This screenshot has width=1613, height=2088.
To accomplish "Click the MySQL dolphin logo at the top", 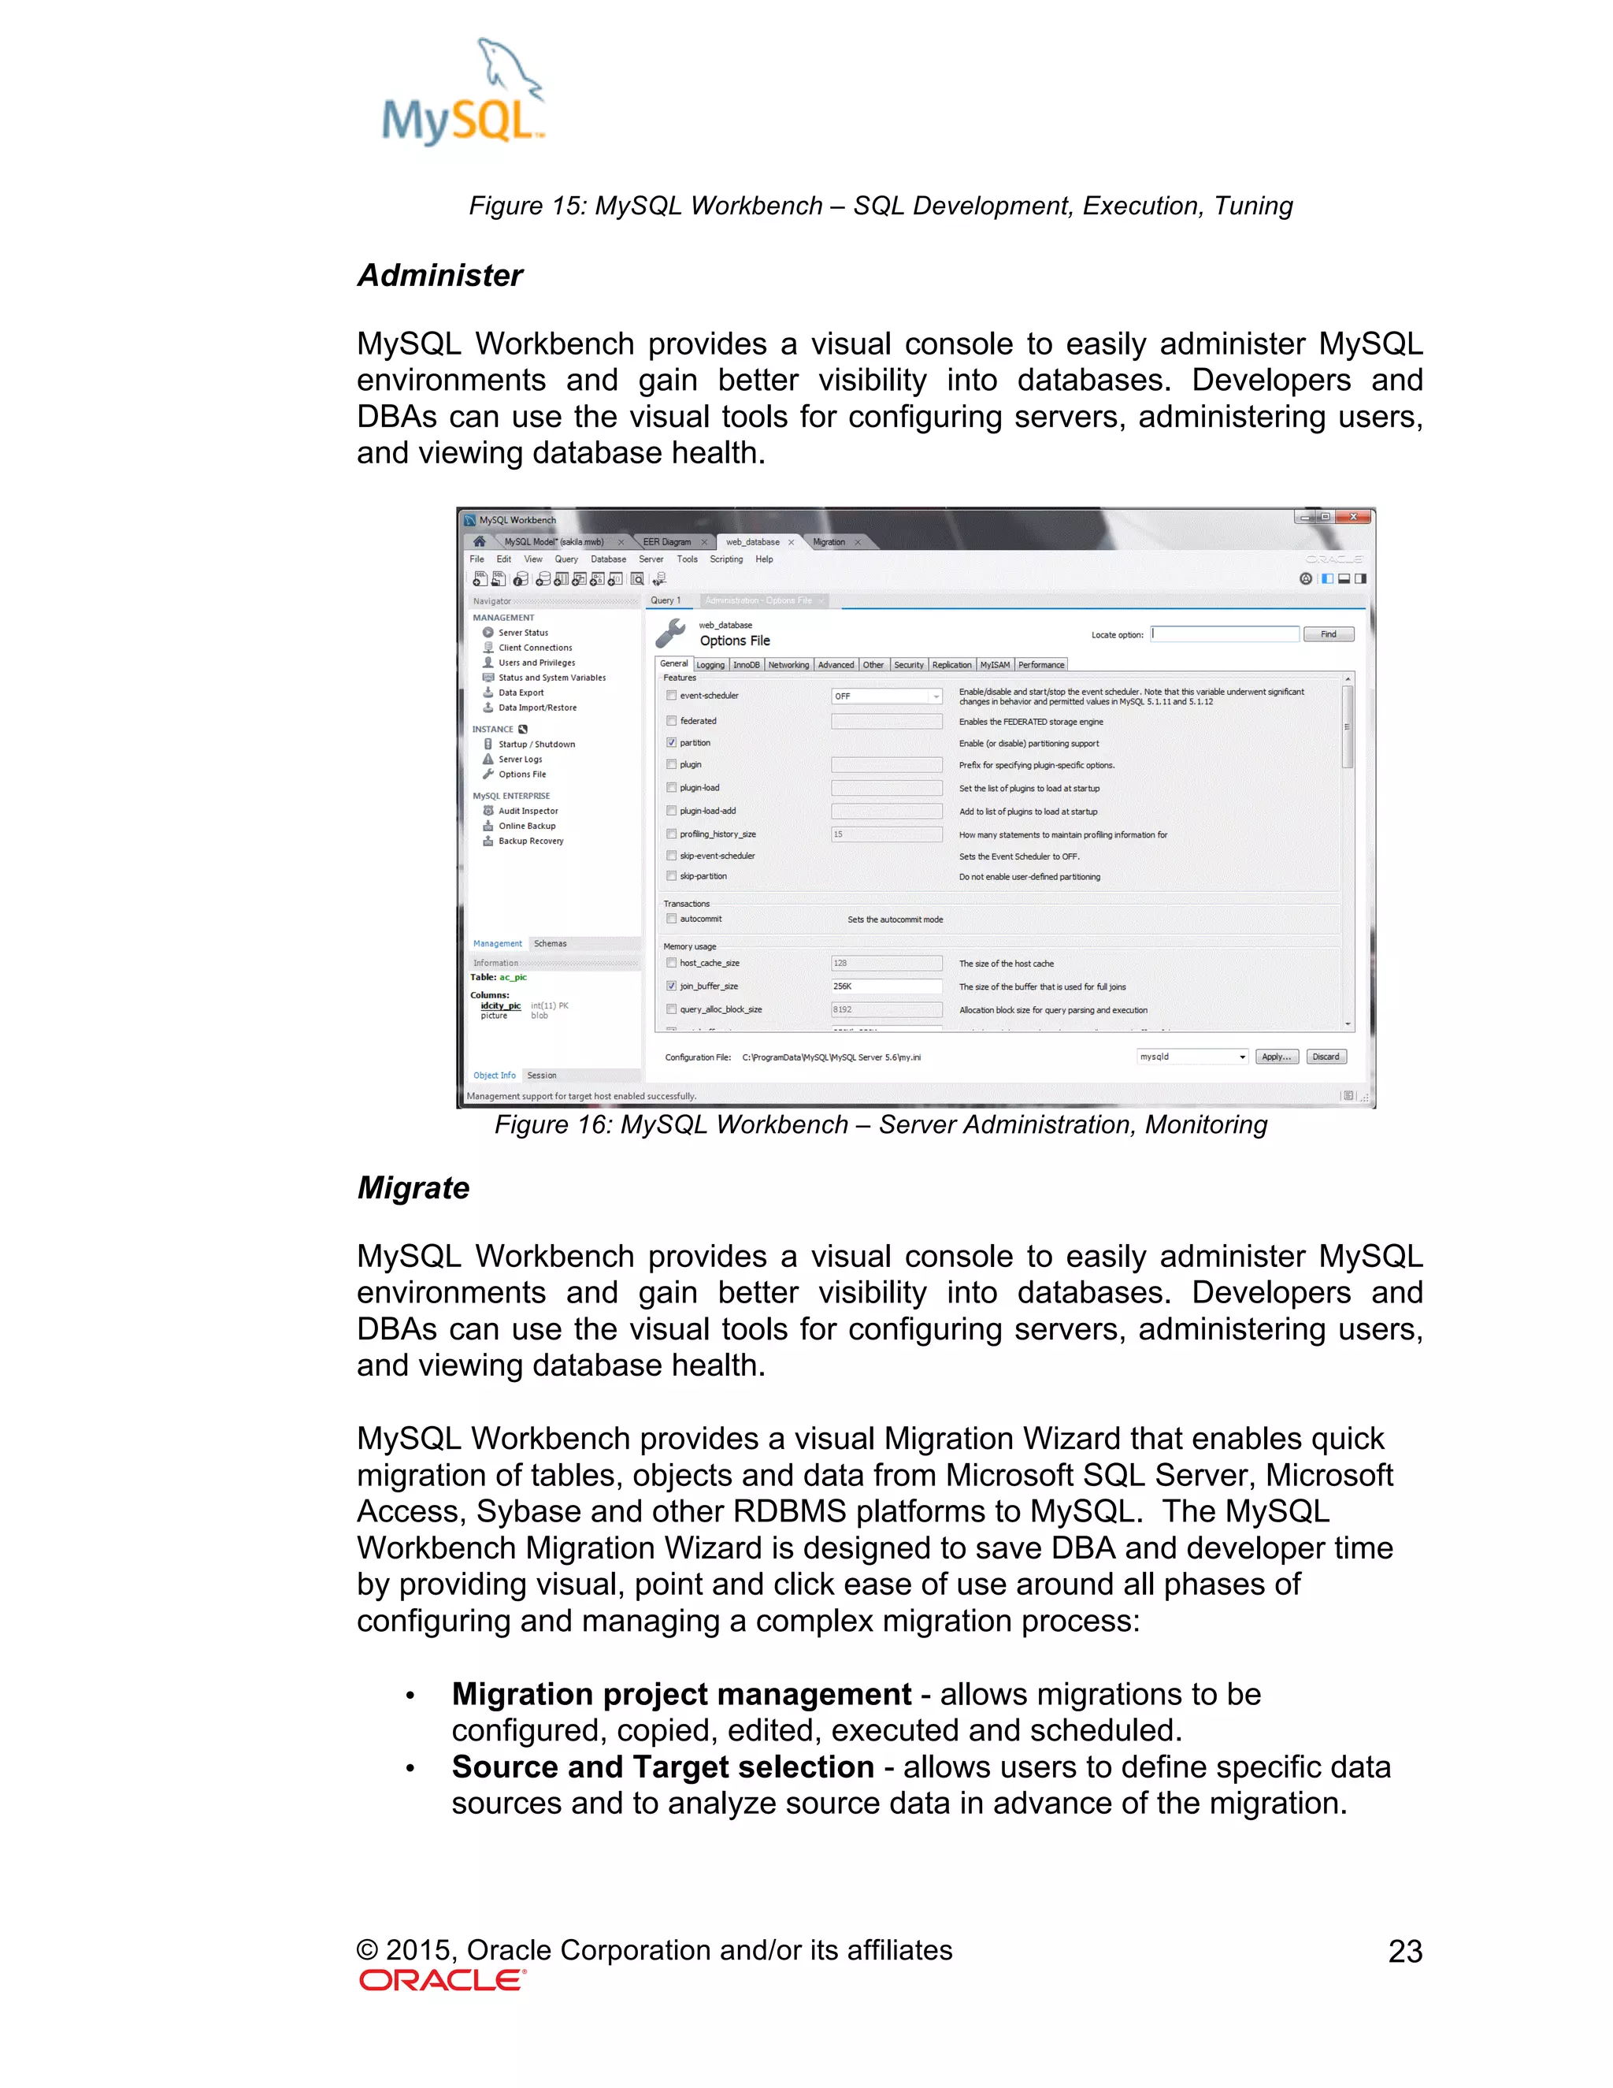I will [x=463, y=93].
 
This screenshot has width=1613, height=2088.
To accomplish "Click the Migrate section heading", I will [x=413, y=1187].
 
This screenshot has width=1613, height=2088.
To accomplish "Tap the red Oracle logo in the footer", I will [x=443, y=1980].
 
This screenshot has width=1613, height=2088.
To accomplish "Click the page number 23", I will [x=1405, y=1951].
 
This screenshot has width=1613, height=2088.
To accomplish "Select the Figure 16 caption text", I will [x=880, y=1124].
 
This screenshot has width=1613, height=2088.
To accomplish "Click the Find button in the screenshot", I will [x=1328, y=633].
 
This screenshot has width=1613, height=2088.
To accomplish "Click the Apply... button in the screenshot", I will [x=1276, y=1057].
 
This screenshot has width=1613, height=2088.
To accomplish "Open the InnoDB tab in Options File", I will [x=747, y=664].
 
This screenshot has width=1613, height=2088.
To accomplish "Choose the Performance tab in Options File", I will [x=1040, y=664].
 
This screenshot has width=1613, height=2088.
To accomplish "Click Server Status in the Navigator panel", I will [x=523, y=633].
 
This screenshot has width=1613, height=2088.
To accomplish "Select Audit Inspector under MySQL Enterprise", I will [x=528, y=811].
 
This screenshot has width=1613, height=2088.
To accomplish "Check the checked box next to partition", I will [x=672, y=743].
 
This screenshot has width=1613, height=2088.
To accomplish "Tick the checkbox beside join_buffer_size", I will [x=672, y=986].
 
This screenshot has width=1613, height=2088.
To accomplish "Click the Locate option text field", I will [x=1224, y=633].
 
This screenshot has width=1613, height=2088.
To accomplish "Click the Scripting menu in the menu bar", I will [x=726, y=559].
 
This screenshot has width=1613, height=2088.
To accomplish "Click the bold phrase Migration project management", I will [x=681, y=1694].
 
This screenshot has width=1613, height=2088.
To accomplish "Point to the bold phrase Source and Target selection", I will [x=662, y=1767].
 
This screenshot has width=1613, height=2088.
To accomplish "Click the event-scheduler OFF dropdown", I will [x=886, y=696].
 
